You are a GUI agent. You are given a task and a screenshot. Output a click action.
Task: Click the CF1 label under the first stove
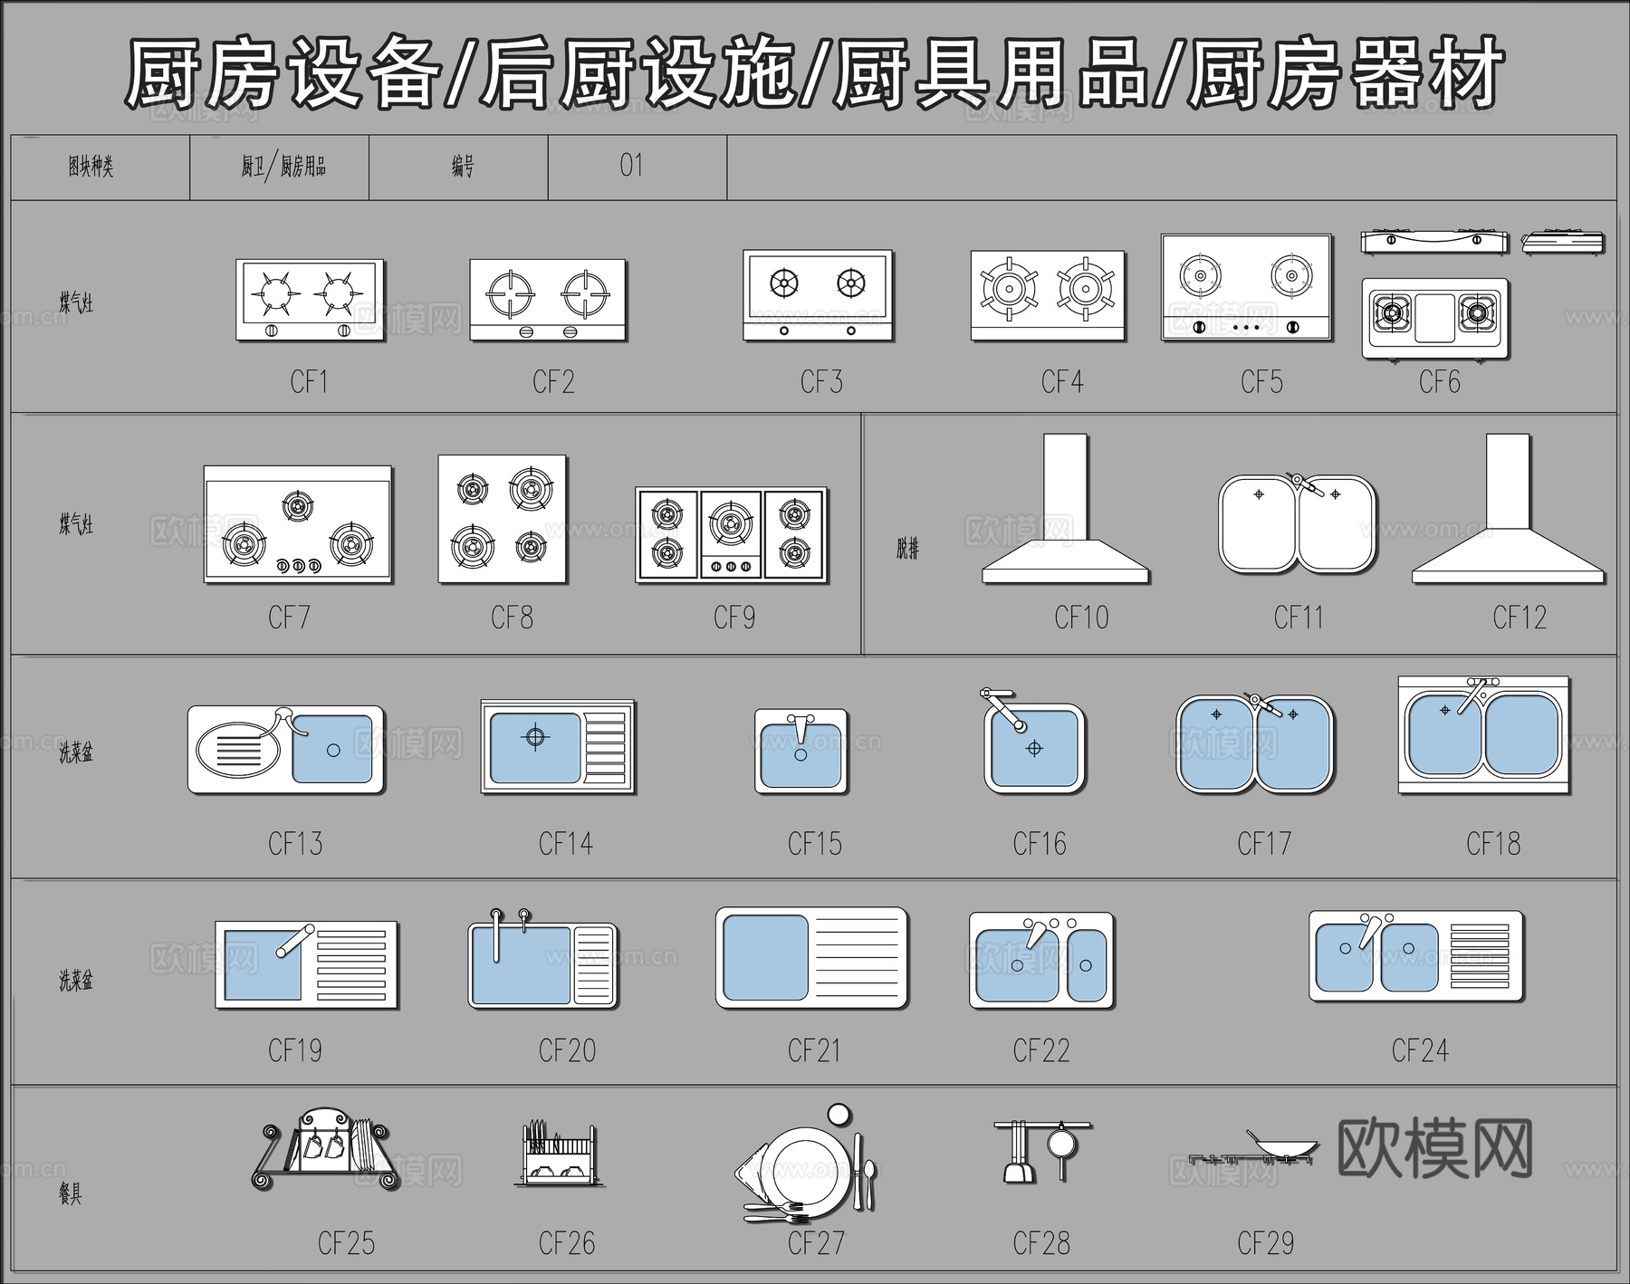point(309,382)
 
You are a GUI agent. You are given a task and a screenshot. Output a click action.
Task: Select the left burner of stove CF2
point(510,292)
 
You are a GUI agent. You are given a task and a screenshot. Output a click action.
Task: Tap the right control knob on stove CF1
point(343,331)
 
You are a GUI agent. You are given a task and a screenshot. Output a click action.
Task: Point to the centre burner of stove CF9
point(731,523)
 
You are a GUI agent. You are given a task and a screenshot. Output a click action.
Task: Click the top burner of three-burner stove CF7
point(297,504)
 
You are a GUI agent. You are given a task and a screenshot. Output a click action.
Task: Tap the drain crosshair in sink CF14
point(535,737)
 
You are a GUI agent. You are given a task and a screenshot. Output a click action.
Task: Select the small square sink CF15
point(801,752)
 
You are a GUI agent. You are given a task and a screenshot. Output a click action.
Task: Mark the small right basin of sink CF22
point(1086,965)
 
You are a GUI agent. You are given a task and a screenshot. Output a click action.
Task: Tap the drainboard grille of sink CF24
point(1480,956)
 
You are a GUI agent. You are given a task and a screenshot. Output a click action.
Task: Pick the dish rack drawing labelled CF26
point(557,1155)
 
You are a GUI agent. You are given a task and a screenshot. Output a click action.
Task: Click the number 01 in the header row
point(631,166)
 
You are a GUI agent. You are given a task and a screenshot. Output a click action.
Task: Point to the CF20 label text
point(567,1050)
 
